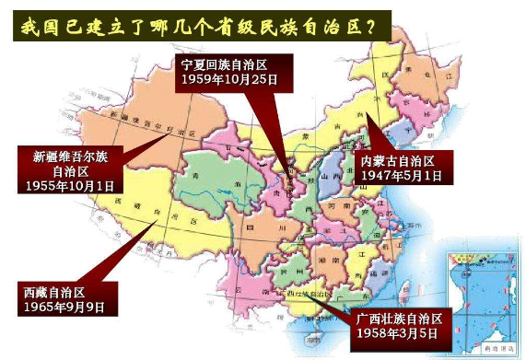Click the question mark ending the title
pos(375,26)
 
